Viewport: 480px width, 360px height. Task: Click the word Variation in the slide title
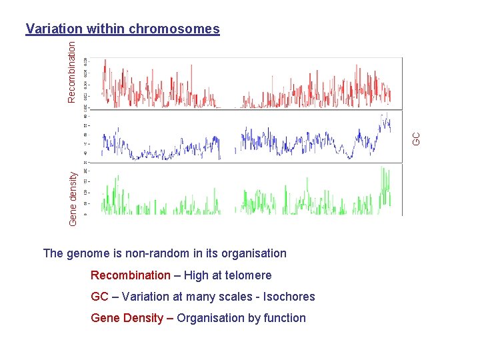click(53, 29)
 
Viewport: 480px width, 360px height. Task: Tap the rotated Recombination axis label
click(72, 69)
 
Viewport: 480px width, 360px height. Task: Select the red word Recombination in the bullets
click(131, 275)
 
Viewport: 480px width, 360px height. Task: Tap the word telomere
click(249, 275)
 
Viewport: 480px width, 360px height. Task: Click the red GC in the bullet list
click(99, 297)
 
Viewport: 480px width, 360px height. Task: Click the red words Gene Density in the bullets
click(127, 318)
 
